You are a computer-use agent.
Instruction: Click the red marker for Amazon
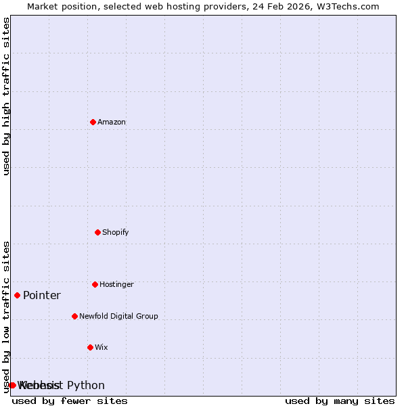point(93,122)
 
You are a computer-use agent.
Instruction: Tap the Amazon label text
point(112,122)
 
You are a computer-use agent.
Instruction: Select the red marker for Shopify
point(97,232)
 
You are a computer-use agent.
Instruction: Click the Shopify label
point(115,233)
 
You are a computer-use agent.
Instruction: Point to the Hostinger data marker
point(95,284)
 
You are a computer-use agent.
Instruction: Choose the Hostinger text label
point(116,285)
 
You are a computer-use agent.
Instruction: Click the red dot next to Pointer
point(17,295)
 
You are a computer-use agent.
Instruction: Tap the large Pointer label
point(42,296)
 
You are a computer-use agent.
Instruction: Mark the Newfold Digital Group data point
point(74,316)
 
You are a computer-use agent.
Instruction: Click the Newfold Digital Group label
point(118,317)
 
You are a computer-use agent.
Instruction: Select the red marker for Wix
point(90,347)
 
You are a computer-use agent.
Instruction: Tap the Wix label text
point(101,348)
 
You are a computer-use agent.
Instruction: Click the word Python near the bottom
point(86,386)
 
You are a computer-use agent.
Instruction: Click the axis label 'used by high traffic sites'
point(6,96)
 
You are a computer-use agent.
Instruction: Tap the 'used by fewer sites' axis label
point(70,401)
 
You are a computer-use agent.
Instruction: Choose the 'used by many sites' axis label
point(340,401)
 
